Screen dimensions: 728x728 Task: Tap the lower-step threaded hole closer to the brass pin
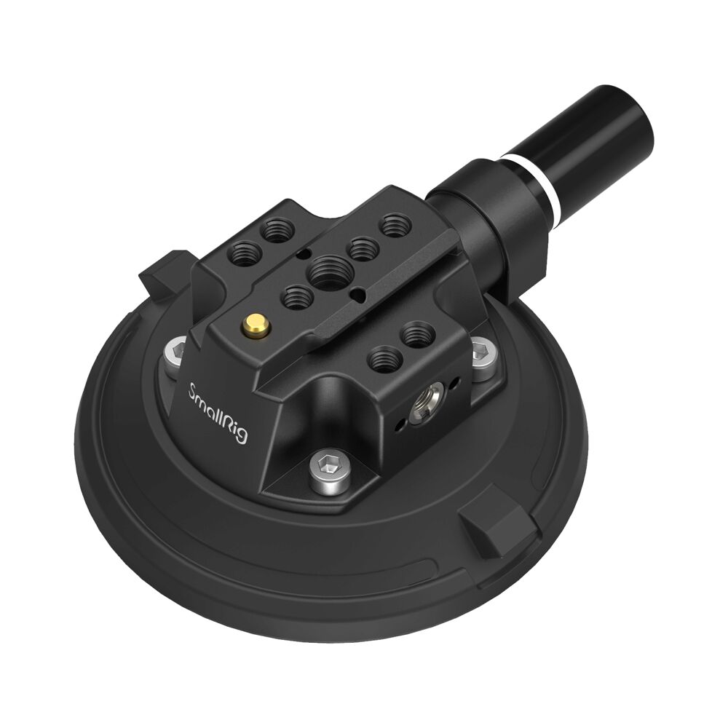coord(381,357)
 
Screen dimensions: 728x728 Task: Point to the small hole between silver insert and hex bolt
coord(454,381)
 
